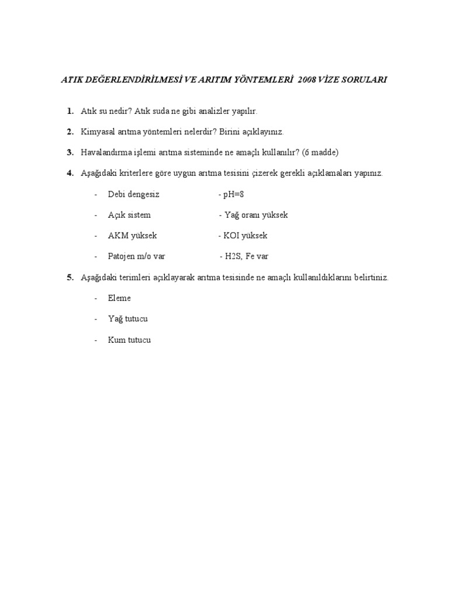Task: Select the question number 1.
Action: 70,111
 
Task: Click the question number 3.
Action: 70,152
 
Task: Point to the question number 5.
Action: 70,277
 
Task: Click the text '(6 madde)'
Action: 320,152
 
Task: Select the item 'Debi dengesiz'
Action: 133,194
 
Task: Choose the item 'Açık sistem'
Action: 129,215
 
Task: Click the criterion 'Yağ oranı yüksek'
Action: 255,215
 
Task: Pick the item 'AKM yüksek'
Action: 132,236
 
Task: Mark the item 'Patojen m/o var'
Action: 136,256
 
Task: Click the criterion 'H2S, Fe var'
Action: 246,256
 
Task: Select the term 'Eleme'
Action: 119,298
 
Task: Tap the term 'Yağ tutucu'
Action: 127,319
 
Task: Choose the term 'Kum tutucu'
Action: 129,340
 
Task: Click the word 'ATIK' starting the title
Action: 71,80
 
